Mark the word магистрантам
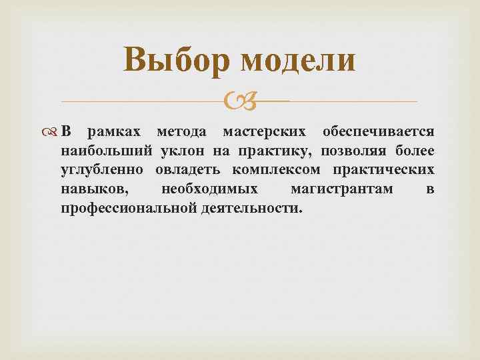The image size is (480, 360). [x=341, y=189]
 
